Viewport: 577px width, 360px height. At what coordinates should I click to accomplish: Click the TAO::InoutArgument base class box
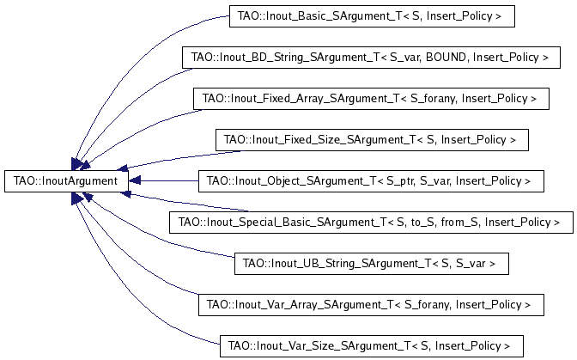tap(66, 181)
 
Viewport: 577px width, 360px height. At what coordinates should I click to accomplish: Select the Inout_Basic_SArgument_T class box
tap(372, 16)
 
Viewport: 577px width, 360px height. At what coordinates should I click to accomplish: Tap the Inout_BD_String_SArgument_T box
tap(371, 58)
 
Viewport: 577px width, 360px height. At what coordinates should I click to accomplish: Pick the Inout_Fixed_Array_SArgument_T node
tap(371, 99)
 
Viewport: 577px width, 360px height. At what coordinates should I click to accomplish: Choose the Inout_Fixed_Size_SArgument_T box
tap(372, 140)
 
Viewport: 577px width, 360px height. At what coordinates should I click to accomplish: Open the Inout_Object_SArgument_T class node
tap(371, 181)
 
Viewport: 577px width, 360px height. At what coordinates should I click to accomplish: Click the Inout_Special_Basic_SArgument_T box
tap(371, 223)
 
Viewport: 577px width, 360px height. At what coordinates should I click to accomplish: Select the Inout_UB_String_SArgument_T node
tap(372, 264)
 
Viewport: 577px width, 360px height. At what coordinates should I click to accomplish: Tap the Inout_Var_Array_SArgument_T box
tap(371, 305)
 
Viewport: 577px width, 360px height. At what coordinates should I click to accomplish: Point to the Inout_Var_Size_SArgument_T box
tap(372, 346)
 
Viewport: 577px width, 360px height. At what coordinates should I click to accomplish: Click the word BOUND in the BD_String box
tap(447, 58)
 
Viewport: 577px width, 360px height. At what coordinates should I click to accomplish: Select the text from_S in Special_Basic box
tap(460, 223)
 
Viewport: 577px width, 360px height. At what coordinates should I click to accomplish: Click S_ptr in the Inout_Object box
tap(401, 181)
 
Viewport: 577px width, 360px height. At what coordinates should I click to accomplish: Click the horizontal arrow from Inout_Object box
tap(164, 180)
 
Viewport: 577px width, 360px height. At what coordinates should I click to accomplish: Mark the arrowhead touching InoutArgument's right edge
tap(135, 180)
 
